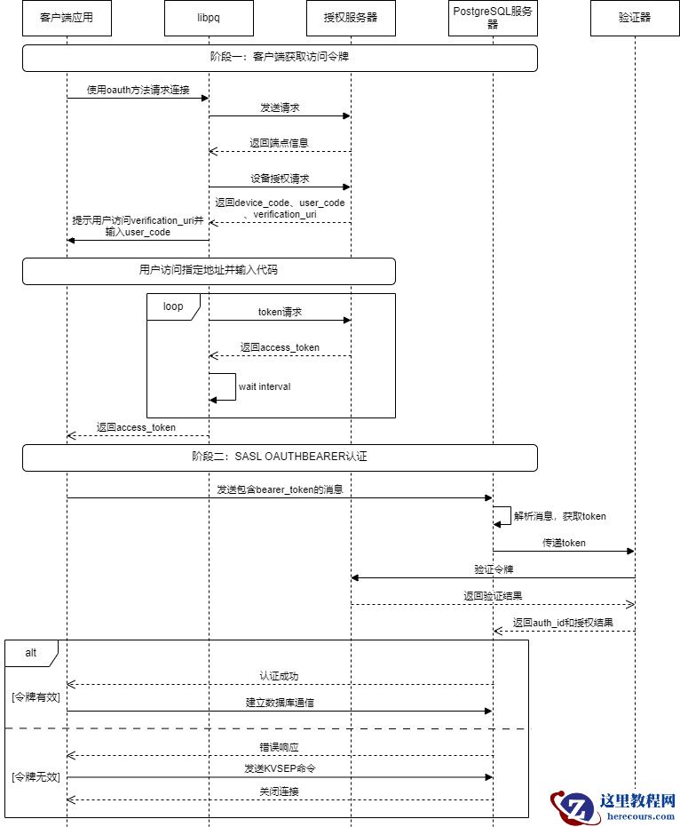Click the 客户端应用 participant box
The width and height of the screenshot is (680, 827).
point(67,18)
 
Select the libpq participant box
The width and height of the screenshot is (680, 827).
point(209,18)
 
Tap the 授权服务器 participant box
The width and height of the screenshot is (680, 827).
point(351,18)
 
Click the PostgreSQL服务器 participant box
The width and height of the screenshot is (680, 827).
point(493,18)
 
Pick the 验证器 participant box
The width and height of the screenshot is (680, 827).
point(635,18)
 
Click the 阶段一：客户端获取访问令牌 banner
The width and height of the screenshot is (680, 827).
point(280,58)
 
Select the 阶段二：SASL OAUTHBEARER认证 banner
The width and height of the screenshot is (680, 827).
point(280,457)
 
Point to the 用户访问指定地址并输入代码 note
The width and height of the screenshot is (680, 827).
point(209,270)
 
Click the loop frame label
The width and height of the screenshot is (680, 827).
point(173,306)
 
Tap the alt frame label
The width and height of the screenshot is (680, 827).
point(31,652)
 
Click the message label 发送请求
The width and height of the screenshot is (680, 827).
point(280,107)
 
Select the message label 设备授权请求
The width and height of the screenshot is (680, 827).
point(280,179)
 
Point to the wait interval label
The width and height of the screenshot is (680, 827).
point(265,386)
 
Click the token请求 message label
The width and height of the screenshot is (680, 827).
point(280,312)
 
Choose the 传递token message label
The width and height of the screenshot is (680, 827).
point(564,543)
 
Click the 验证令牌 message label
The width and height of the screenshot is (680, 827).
point(493,569)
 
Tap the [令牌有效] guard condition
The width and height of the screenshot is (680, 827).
point(36,697)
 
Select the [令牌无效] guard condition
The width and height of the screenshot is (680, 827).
point(36,777)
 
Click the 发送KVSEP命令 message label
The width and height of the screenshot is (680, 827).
point(280,768)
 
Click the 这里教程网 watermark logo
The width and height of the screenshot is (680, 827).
point(613,807)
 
